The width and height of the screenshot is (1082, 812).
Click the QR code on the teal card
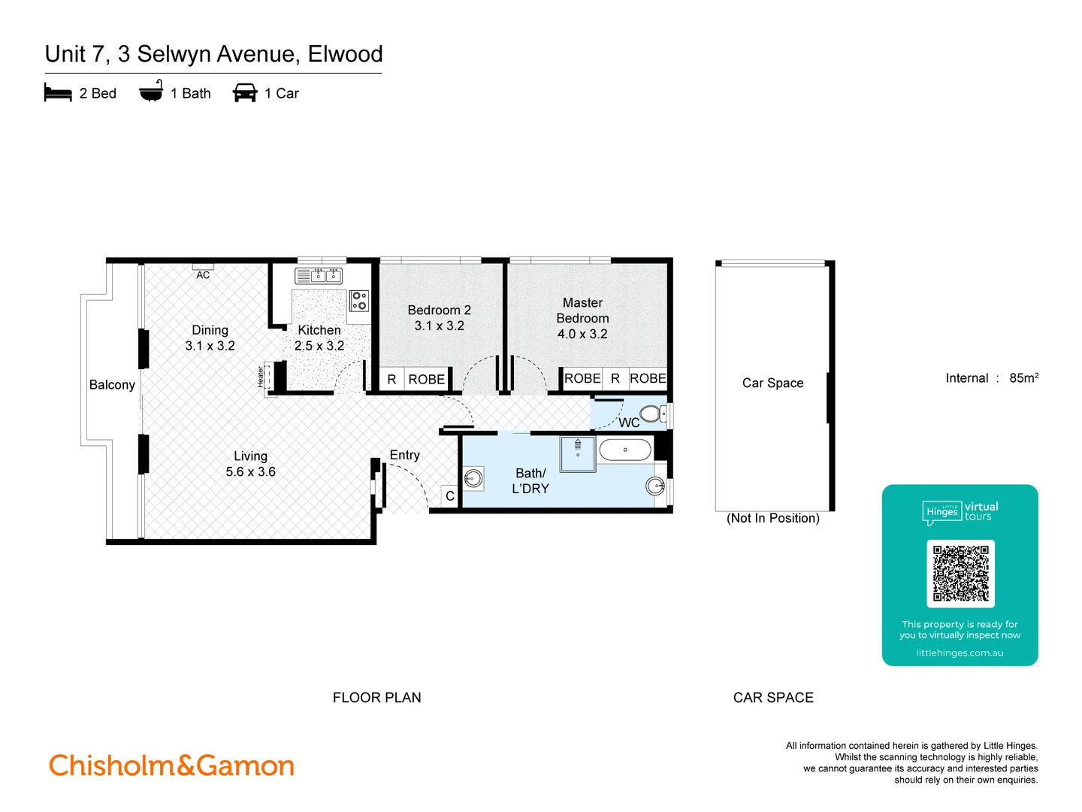click(960, 574)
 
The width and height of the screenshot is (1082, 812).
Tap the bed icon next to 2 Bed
click(58, 93)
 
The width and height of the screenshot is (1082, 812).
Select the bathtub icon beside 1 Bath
click(151, 91)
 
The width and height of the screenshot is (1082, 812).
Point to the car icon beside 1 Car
click(245, 93)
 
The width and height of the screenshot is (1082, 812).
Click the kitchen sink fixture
click(319, 276)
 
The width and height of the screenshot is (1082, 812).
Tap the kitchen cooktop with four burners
click(359, 301)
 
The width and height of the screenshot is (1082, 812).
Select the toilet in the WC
click(651, 414)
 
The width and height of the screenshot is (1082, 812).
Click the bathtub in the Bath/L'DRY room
click(625, 450)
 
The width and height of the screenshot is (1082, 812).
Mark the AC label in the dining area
click(203, 275)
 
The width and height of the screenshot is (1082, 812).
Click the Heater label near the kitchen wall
click(261, 376)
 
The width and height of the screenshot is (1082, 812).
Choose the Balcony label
click(112, 385)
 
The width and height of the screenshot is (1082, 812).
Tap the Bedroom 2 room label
click(440, 310)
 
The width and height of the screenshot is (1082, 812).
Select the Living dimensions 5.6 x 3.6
click(251, 472)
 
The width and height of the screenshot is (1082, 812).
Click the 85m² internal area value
click(1023, 378)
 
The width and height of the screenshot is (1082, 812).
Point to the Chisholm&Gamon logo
click(171, 765)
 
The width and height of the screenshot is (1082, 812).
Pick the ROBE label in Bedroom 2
click(427, 380)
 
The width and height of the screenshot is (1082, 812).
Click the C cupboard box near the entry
click(449, 496)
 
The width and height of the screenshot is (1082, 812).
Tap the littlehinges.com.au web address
click(960, 653)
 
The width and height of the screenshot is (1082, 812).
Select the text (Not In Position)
click(772, 518)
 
